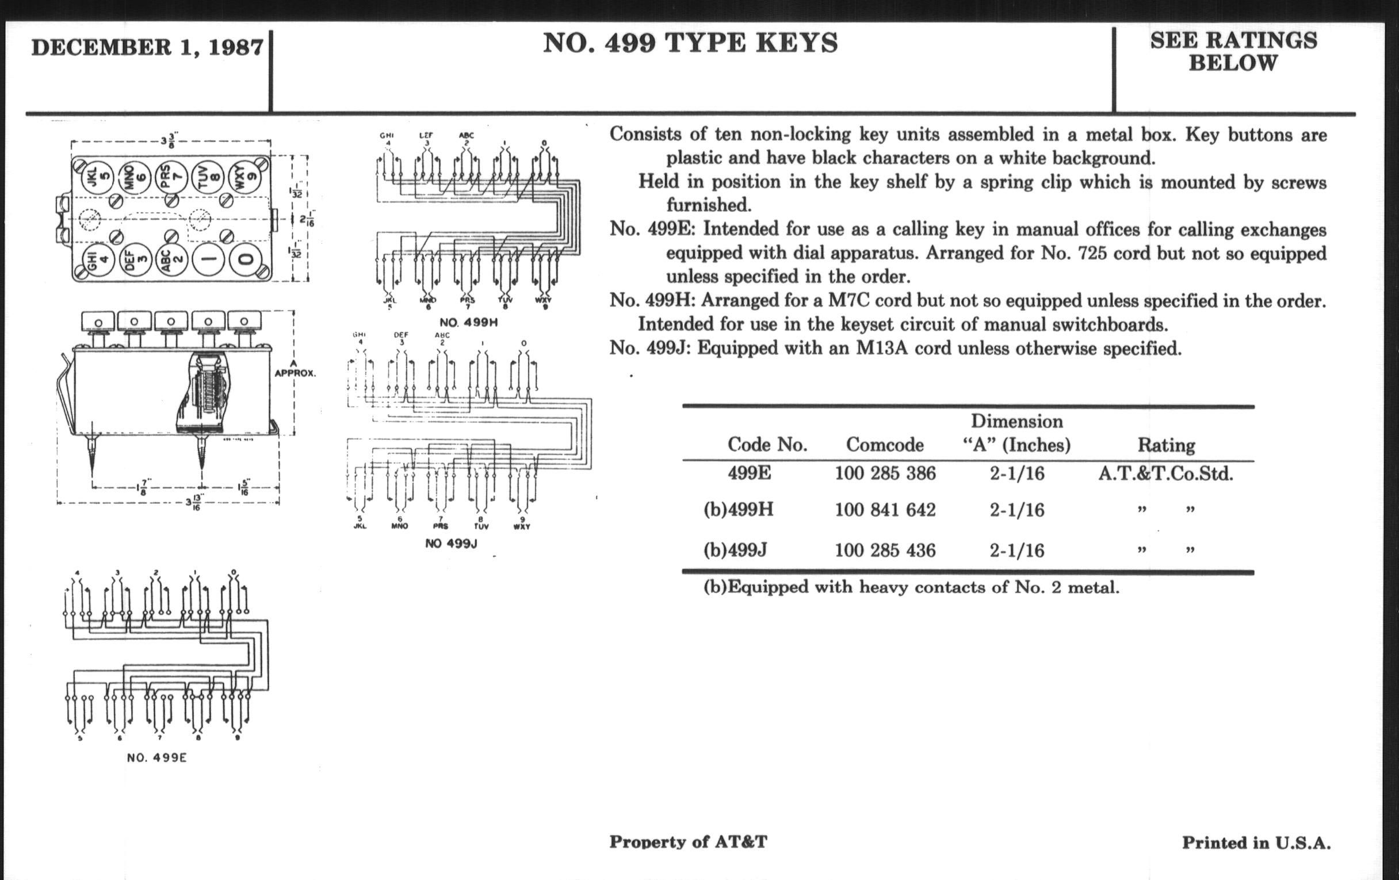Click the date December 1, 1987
[x=147, y=48]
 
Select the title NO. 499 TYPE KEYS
[x=690, y=44]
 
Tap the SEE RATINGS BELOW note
[x=1233, y=51]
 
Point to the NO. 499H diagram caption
[x=468, y=322]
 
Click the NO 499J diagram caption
[x=451, y=544]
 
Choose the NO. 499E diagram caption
[x=157, y=757]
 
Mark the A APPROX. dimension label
[x=294, y=368]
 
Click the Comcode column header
[x=884, y=445]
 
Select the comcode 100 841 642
[x=885, y=510]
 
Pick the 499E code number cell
[x=749, y=473]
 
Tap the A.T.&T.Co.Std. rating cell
[x=1165, y=474]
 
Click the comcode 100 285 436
[x=885, y=550]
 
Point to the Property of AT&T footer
[x=688, y=841]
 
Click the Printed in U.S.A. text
[x=1256, y=843]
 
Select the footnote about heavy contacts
[x=911, y=587]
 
